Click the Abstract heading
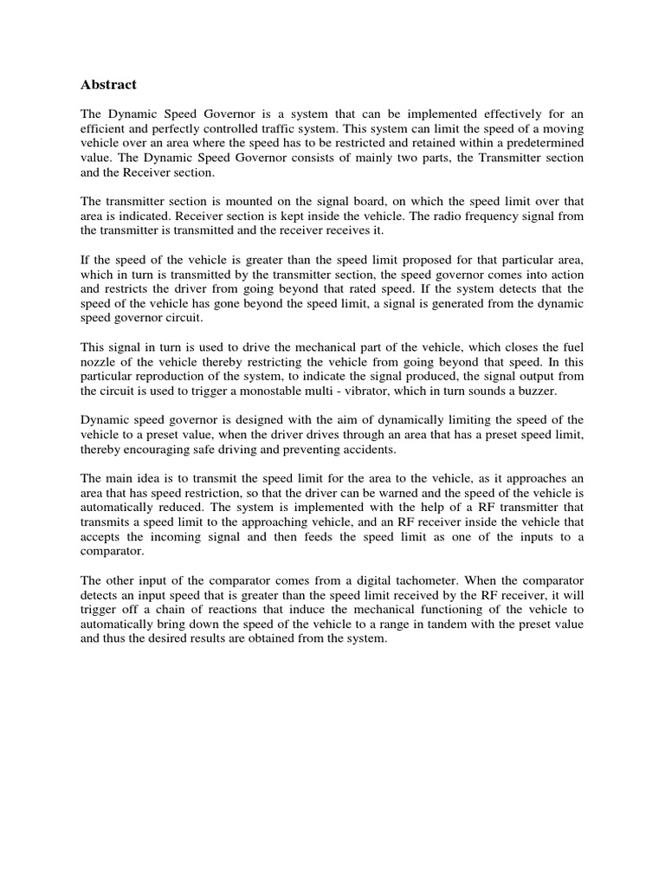108,85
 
